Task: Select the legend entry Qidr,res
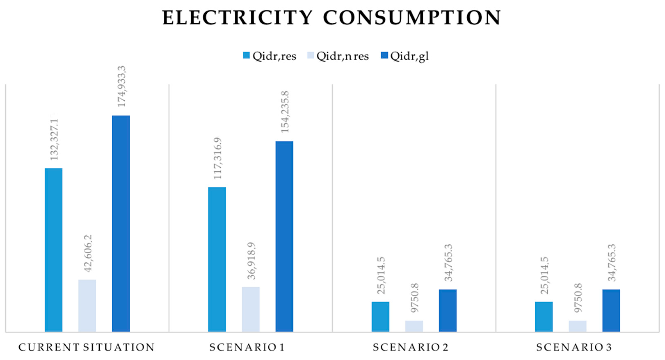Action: [270, 56]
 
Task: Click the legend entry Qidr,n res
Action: [338, 56]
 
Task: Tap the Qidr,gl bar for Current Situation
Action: [121, 223]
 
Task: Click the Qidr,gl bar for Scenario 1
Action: [284, 236]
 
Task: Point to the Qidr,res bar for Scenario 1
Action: [217, 259]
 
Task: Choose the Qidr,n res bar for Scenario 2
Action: [414, 326]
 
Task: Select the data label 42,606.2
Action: [88, 253]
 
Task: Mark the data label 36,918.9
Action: [251, 261]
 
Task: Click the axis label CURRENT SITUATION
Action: [87, 347]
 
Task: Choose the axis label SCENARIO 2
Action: [411, 347]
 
